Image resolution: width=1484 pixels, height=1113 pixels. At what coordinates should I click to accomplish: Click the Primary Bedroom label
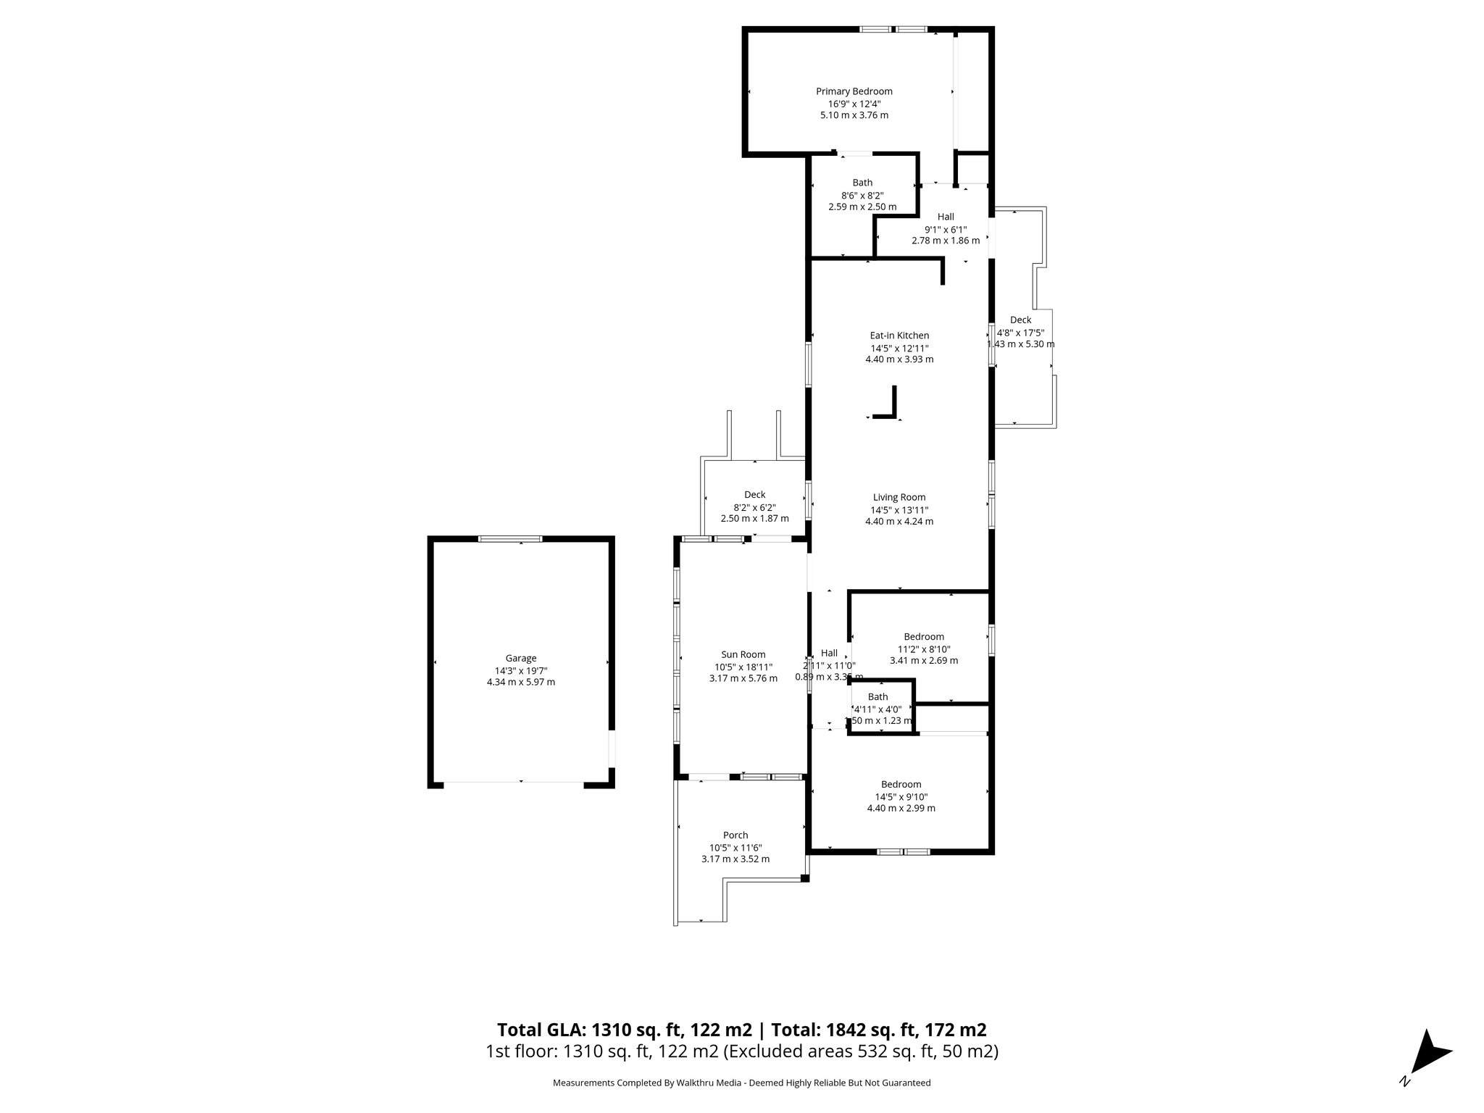(854, 91)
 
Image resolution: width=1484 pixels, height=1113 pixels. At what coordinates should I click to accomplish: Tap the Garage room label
(520, 658)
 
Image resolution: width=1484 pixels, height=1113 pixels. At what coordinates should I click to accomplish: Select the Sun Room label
(743, 654)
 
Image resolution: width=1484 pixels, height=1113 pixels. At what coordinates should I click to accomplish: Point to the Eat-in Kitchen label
(899, 335)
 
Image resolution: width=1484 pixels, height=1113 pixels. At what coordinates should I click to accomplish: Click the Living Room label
(899, 497)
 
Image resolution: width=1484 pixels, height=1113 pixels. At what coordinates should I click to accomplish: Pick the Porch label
(735, 835)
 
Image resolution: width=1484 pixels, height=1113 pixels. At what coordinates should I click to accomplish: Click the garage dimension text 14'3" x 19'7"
(520, 670)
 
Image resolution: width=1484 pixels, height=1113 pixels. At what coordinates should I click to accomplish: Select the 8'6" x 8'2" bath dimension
(862, 195)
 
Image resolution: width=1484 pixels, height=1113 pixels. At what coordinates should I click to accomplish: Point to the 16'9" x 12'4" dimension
(854, 104)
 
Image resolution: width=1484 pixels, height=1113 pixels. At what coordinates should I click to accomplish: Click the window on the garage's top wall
(510, 538)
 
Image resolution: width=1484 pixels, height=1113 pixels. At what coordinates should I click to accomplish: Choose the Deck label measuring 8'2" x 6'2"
(754, 495)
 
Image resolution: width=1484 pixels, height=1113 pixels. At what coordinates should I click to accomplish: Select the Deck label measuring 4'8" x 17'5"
(1020, 320)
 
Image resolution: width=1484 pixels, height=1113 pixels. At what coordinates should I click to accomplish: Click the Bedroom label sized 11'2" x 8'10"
(923, 637)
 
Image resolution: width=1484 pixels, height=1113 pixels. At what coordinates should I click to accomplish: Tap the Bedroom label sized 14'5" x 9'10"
(901, 784)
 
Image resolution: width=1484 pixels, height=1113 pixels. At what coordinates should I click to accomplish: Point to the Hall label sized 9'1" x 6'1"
(946, 217)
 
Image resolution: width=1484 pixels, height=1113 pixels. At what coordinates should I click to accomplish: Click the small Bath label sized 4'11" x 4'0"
(878, 697)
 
